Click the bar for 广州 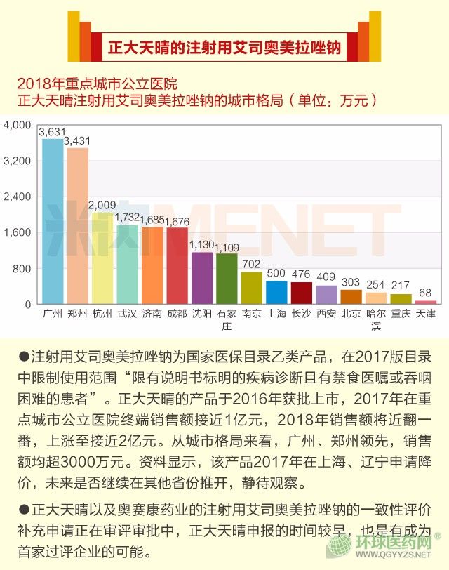click(x=53, y=221)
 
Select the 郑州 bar click(x=78, y=226)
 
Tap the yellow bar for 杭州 click(x=102, y=258)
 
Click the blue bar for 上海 click(x=276, y=292)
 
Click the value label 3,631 click(x=53, y=131)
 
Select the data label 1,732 click(x=128, y=218)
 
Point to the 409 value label click(x=326, y=277)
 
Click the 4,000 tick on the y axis click(x=17, y=125)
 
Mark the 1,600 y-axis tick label click(x=17, y=233)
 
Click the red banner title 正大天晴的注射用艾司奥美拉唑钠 click(x=224, y=48)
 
